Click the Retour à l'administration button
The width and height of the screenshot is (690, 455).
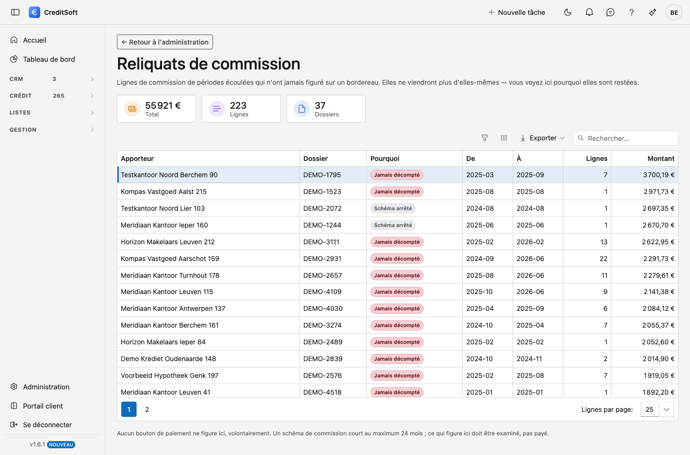coord(165,42)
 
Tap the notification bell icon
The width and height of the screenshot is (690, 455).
coord(589,12)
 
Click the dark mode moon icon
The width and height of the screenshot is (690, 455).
coord(568,12)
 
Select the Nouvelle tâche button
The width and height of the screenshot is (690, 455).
coord(517,12)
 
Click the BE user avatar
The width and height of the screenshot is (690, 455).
coord(674,12)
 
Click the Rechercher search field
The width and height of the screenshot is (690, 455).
coord(626,138)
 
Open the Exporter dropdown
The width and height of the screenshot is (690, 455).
coord(542,138)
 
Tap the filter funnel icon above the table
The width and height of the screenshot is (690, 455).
coord(484,138)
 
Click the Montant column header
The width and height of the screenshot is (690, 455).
coord(661,159)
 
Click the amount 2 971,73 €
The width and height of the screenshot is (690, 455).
coord(659,192)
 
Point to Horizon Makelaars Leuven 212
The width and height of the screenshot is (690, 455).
coord(168,242)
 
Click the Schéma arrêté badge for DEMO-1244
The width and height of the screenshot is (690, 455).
coord(393,225)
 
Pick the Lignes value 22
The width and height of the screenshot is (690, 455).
coord(603,259)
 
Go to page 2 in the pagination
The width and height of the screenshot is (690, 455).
coord(147,409)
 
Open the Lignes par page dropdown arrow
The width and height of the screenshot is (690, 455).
coord(666,409)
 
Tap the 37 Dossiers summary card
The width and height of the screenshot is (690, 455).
coord(326,109)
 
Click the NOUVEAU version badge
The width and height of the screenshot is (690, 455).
coord(61,444)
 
